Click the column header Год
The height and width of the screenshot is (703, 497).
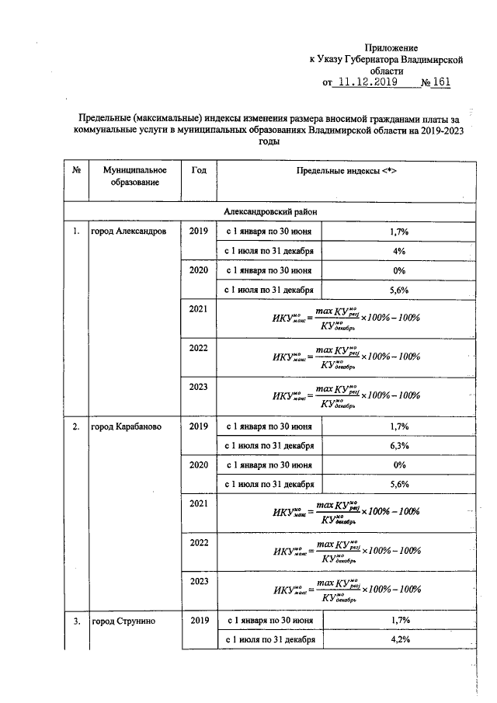coord(197,170)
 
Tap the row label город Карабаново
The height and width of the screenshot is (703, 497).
coord(127,426)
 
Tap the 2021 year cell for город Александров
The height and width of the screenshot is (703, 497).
coord(198,309)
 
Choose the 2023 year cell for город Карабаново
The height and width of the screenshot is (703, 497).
coord(198,581)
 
